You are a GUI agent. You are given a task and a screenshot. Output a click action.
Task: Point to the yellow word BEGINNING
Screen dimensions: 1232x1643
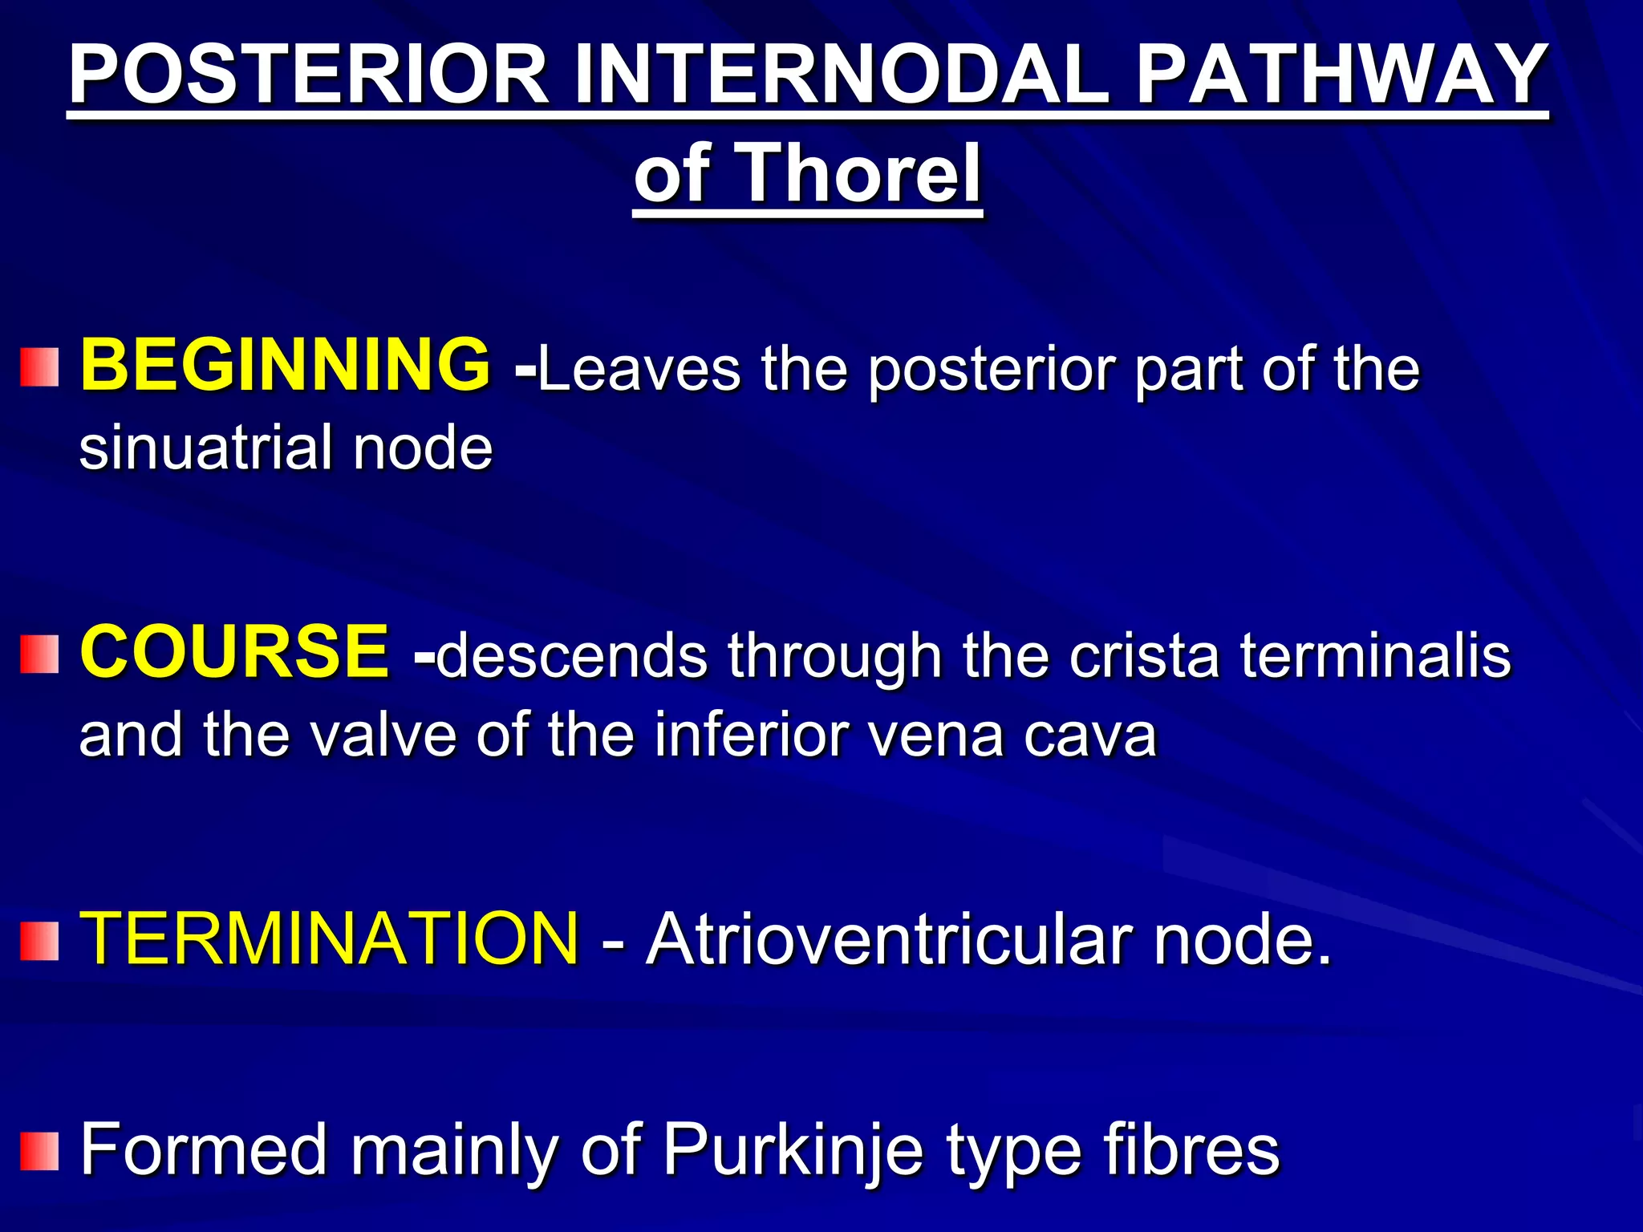(285, 365)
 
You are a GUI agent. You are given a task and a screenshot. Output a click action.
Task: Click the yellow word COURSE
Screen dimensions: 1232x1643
(234, 651)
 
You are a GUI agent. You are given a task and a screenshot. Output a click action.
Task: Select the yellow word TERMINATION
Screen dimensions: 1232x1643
(330, 938)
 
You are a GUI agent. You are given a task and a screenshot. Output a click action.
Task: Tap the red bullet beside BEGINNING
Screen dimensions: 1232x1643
(39, 367)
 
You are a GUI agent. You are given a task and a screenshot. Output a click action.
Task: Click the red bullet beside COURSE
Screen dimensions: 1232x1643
(39, 654)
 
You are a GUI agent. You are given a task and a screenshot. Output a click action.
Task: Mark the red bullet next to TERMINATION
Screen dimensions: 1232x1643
(39, 941)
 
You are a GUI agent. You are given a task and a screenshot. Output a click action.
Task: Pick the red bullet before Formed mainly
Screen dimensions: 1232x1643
(39, 1152)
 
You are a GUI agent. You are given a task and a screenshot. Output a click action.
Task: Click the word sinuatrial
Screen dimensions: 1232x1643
(205, 448)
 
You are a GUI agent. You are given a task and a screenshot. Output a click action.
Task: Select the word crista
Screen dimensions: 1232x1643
(1143, 656)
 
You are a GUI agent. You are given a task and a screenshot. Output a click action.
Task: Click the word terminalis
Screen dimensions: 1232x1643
(1375, 656)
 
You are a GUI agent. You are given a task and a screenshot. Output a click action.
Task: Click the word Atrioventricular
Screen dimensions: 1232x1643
(890, 939)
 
